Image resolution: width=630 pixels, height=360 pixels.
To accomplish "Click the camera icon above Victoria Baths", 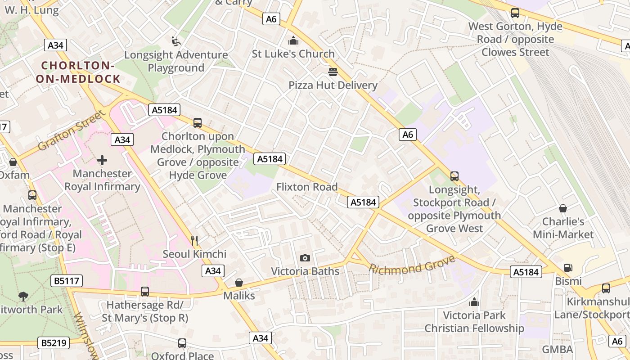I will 305,258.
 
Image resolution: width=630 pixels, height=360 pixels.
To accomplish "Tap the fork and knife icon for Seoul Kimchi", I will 194,241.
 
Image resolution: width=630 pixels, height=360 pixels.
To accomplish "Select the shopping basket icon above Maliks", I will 239,283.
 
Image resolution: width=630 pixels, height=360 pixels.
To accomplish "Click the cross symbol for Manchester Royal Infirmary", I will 102,160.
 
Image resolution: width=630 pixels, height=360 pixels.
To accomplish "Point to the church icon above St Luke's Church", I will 293,41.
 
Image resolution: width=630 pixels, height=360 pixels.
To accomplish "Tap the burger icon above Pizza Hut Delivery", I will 333,72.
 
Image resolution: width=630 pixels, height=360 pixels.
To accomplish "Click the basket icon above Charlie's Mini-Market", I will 562,208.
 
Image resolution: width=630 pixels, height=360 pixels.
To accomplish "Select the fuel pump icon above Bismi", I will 568,268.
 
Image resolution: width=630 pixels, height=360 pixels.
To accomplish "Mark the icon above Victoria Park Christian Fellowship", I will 474,301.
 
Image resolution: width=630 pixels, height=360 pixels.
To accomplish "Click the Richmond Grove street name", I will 412,265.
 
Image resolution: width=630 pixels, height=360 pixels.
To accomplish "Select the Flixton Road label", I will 307,187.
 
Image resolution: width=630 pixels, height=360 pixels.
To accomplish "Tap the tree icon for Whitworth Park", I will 23,297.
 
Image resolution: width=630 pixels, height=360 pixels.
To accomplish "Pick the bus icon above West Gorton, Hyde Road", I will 515,13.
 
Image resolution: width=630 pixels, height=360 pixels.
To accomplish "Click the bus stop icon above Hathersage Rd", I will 144,292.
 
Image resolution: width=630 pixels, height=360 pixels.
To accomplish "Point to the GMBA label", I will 557,350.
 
